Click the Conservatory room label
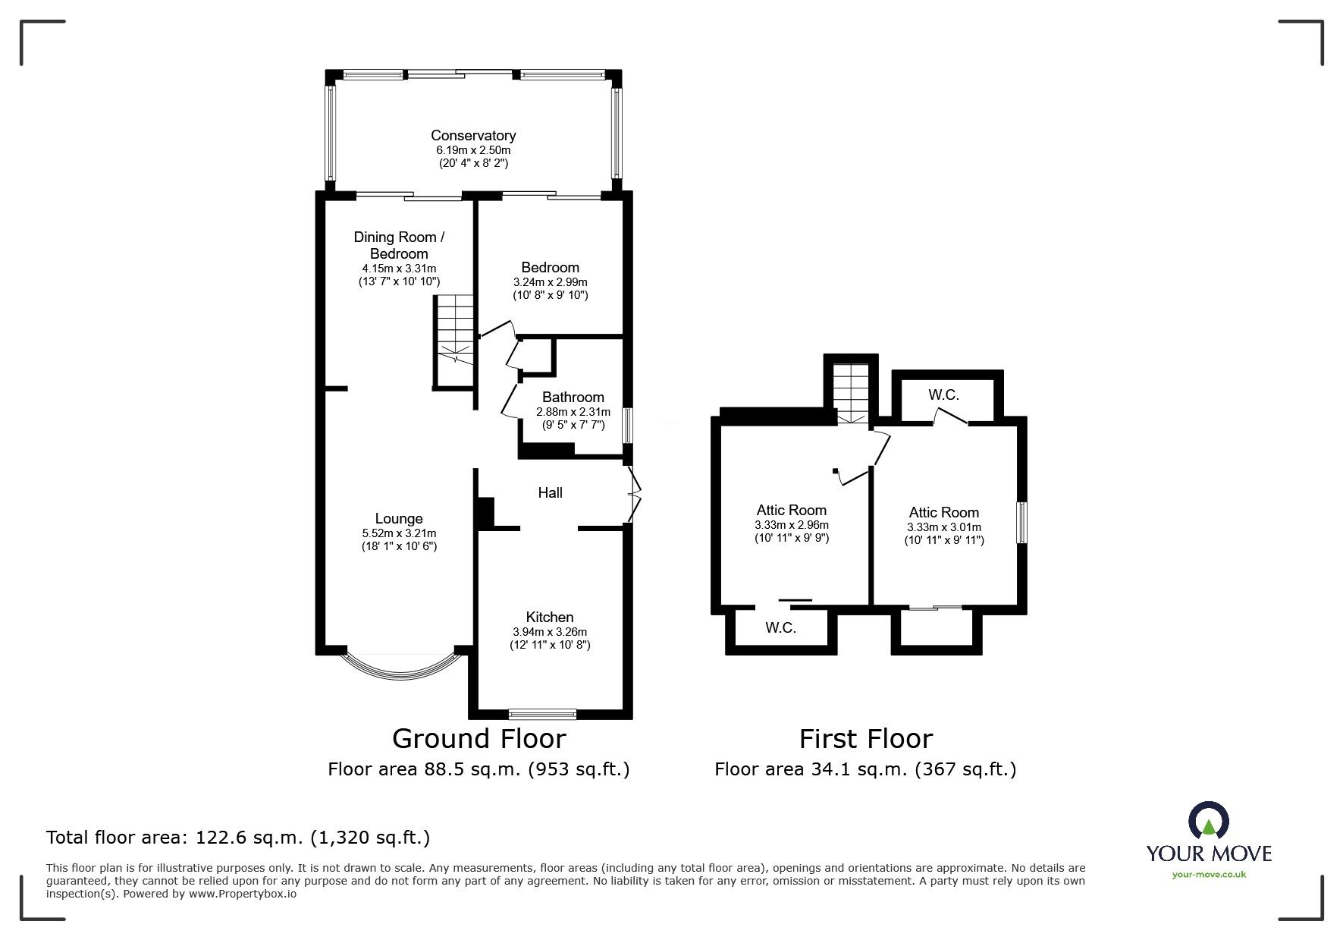click(473, 136)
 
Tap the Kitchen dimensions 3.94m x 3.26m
click(550, 632)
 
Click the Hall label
click(550, 493)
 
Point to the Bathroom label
click(573, 398)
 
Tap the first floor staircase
click(850, 393)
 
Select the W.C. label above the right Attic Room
click(943, 395)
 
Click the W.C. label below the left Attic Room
click(780, 628)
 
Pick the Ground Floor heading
click(479, 738)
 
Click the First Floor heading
click(865, 738)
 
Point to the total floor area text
click(238, 838)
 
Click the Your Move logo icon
click(1208, 822)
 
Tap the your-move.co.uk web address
click(1209, 875)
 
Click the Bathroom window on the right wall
click(627, 426)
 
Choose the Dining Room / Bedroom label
click(399, 245)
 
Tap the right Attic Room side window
click(1022, 522)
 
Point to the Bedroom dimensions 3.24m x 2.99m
click(550, 281)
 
